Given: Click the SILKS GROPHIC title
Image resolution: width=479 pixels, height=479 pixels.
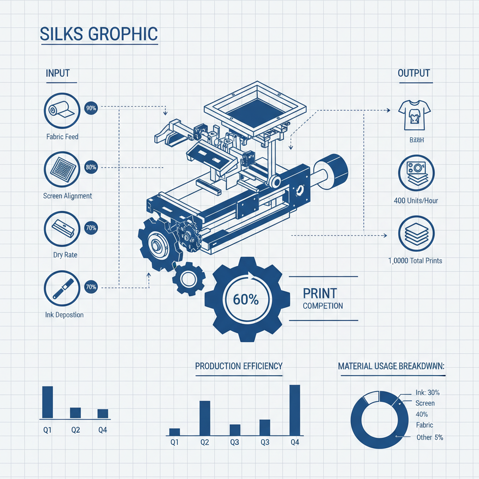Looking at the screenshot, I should coord(99,34).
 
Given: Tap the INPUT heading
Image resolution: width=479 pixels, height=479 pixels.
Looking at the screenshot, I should coord(58,73).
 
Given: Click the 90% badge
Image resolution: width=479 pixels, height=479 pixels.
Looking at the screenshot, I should coord(91,108).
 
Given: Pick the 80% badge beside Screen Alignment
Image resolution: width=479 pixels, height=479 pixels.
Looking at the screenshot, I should coord(91,167).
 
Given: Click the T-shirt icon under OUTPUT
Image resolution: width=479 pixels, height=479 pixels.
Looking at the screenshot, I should coord(414,115).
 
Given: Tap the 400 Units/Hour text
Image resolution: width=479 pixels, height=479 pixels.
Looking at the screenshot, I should coord(416,201).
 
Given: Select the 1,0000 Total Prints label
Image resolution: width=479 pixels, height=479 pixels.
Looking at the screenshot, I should coord(415,261).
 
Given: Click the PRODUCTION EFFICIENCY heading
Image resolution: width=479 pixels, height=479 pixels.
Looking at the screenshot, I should coord(239,366).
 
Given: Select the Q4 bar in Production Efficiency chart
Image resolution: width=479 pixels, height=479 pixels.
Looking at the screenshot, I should coord(295,410).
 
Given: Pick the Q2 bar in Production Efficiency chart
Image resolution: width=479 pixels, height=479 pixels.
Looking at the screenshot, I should coord(205,418).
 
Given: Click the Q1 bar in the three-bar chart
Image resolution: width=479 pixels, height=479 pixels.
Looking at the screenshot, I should coord(48,402).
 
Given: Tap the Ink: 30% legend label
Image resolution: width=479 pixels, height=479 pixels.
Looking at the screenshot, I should coord(428,392).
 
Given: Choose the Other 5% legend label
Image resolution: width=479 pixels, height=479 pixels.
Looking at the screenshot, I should coord(430,437).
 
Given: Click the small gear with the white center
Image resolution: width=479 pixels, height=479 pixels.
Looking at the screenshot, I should coord(189,280).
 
